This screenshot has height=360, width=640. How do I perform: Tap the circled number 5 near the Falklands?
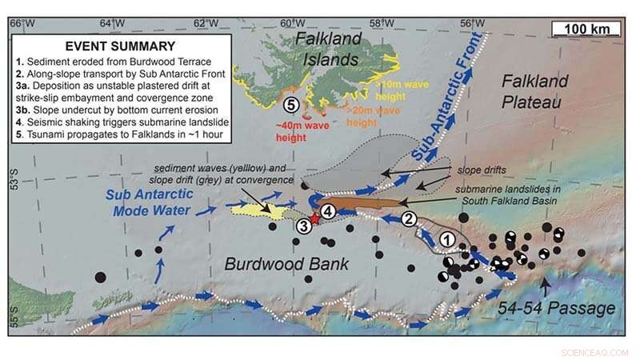[292, 104]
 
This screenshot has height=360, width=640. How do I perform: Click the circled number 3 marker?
[304, 226]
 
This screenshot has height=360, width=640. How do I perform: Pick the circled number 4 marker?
[327, 211]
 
